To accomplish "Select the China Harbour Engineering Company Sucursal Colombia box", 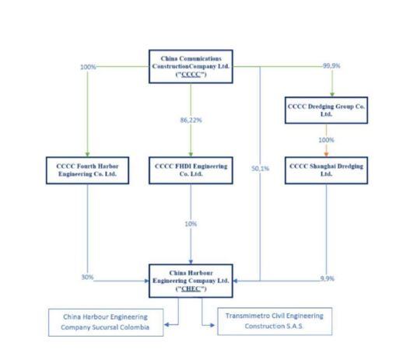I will coord(110,323).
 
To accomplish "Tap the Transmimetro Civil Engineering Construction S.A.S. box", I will coord(272,320).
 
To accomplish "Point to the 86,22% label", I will coord(191,121).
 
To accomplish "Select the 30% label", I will coord(88,278).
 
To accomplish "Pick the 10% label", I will coord(191,224).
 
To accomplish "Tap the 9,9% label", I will coord(328,278).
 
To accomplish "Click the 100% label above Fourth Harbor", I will coord(88,67).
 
